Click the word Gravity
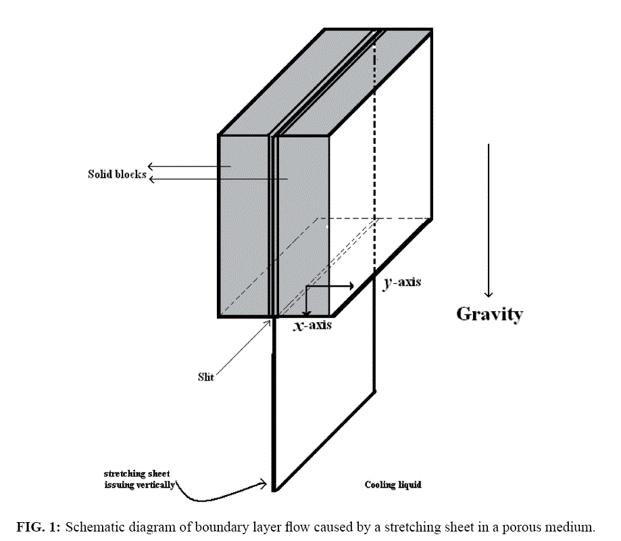pos(489,314)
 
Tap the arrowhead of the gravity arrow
pos(489,293)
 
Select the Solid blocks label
pos(117,174)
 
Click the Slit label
pos(205,377)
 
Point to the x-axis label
pos(312,325)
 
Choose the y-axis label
pos(401,282)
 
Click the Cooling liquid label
pos(393,485)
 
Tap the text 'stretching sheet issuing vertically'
pos(139,479)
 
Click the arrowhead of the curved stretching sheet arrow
pos(262,484)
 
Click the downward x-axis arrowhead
pos(307,313)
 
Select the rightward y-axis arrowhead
pos(351,286)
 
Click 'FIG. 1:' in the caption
pos(38,527)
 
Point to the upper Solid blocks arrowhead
pos(151,166)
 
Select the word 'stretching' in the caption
pos(410,527)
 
